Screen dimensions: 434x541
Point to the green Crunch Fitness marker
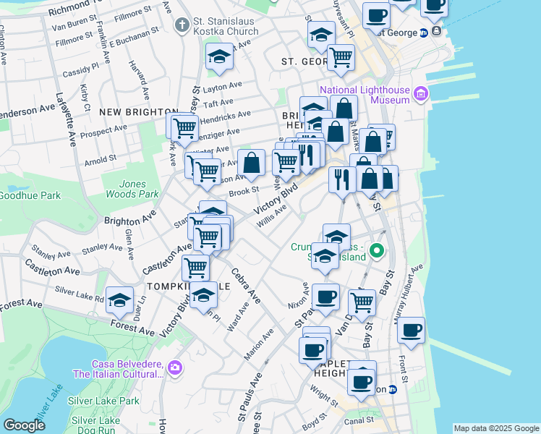[x=377, y=252]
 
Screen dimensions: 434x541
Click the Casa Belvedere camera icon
[x=174, y=369]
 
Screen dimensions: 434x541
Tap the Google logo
[x=24, y=425]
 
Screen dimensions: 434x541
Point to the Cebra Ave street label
[x=245, y=286]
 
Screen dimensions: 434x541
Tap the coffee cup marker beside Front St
[x=411, y=330]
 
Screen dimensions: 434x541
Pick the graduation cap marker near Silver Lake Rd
[x=121, y=299]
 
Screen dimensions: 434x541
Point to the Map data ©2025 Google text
[x=496, y=428]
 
